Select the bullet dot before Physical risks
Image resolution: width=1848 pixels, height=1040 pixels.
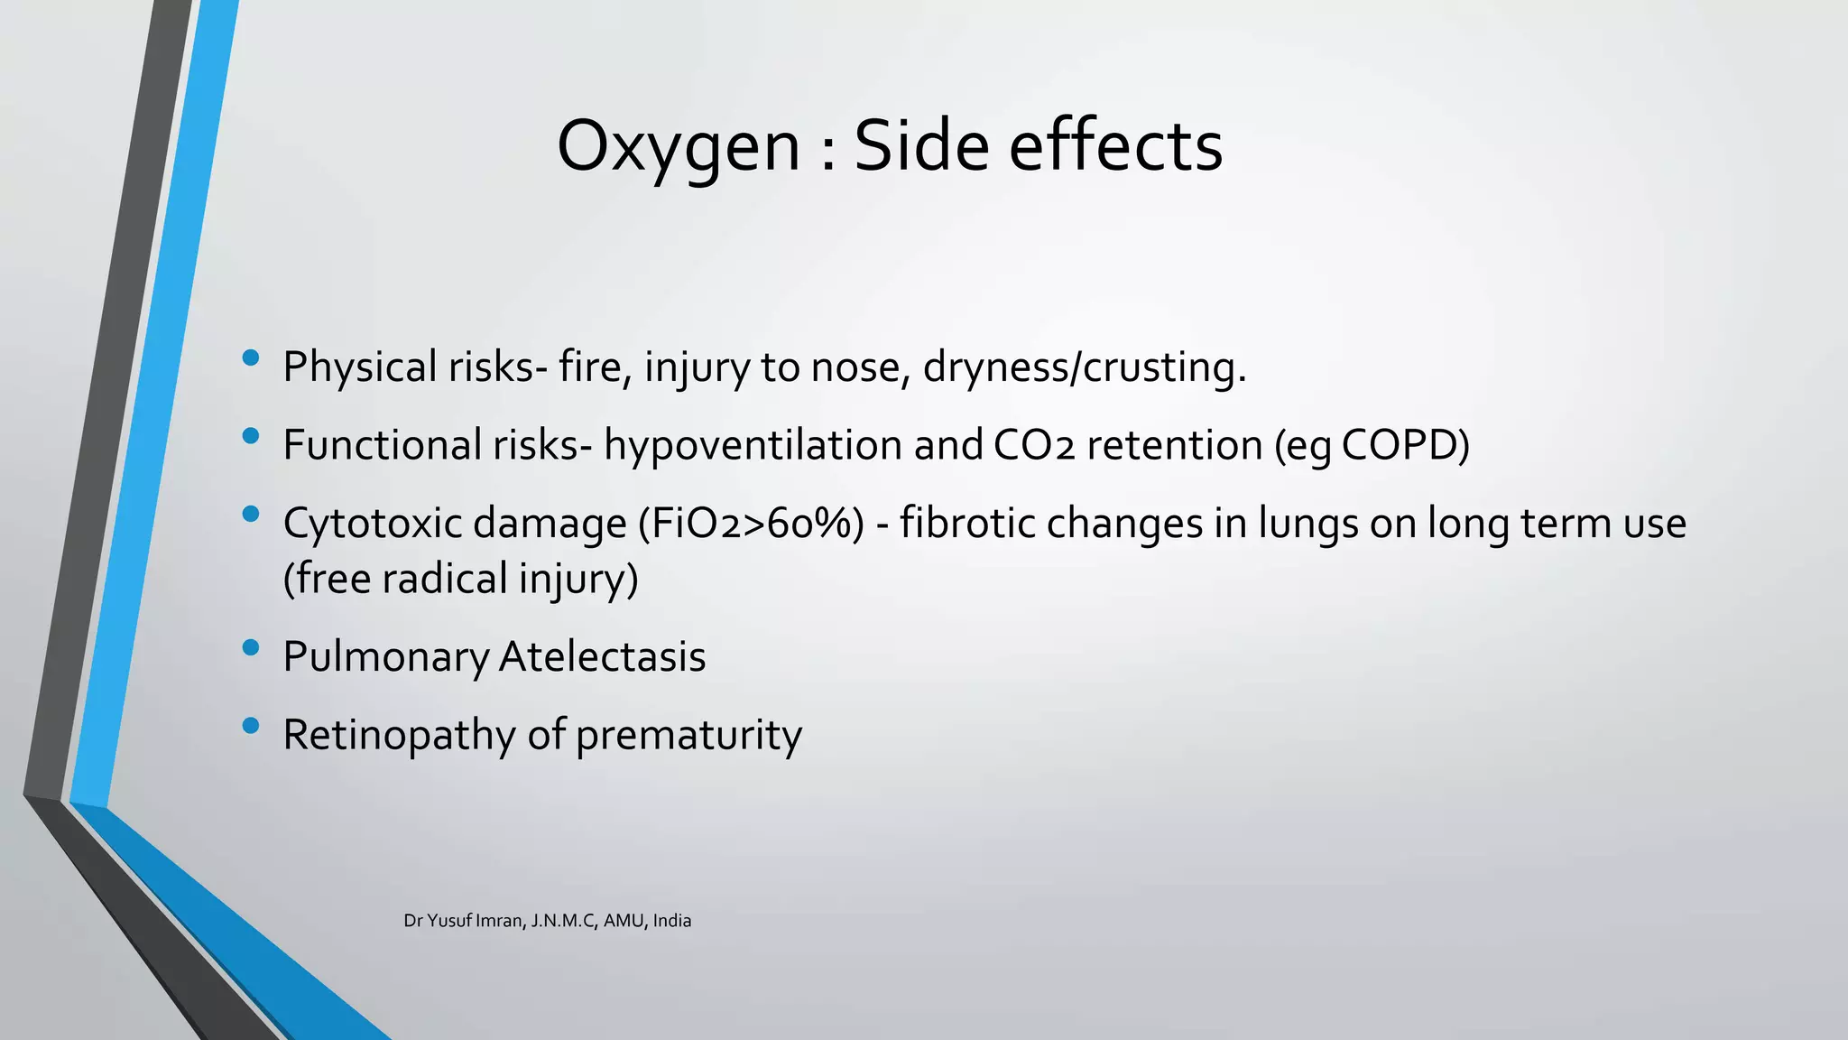pos(251,358)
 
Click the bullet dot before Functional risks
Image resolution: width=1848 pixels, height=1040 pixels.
pos(251,437)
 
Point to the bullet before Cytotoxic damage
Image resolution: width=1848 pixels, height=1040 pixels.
pos(251,515)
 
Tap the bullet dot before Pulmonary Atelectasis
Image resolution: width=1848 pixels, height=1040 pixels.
pos(251,647)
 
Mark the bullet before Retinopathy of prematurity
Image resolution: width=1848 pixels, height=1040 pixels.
pos(251,726)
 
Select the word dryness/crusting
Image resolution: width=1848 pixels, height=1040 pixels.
pos(1084,367)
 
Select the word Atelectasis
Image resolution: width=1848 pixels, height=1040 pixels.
pos(602,656)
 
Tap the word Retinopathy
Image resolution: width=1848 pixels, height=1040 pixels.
pos(399,735)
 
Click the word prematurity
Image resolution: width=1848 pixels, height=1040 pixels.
pos(688,735)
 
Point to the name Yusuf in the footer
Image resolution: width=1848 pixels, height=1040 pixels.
pos(449,921)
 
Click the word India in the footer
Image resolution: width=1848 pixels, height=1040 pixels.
pos(671,921)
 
